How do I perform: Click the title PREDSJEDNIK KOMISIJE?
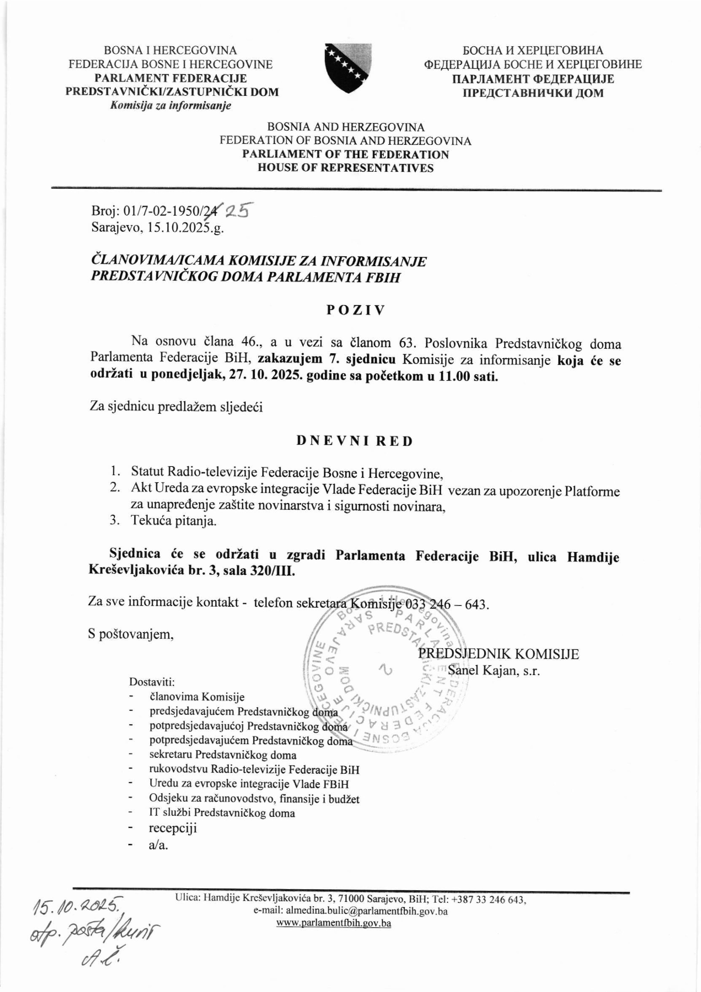[x=498, y=654]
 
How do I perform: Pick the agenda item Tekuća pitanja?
[x=174, y=521]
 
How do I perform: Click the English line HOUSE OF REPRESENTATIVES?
[x=346, y=168]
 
